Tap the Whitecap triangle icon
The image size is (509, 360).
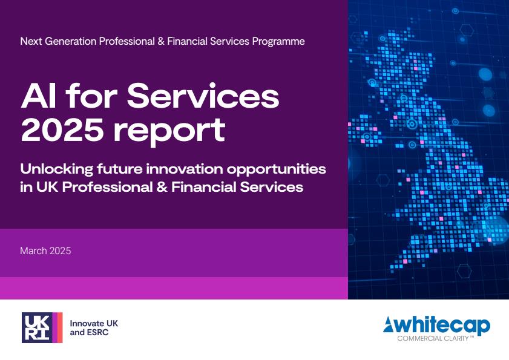388,325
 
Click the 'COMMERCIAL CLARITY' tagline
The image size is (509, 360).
436,339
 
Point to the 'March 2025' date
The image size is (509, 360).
45,250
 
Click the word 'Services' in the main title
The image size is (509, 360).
203,96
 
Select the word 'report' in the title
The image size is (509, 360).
169,132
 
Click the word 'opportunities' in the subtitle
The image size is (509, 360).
276,170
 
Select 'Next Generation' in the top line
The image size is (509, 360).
59,41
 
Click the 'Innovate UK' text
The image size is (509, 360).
94,323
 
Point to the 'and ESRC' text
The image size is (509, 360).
89,332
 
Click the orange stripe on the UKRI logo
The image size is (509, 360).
60,327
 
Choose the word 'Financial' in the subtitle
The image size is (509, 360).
203,188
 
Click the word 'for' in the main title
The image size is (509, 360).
91,96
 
